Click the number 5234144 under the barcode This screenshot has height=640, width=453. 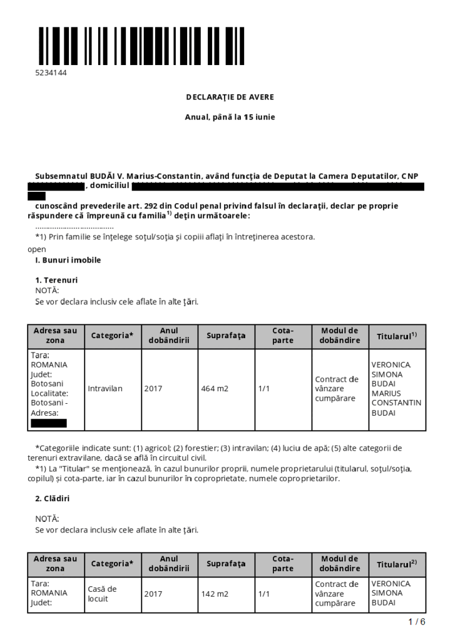pyautogui.click(x=51, y=72)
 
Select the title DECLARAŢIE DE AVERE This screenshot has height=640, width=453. pyautogui.click(x=230, y=97)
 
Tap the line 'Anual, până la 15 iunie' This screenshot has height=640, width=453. pyautogui.click(x=230, y=117)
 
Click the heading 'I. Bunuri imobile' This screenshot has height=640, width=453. pyautogui.click(x=68, y=259)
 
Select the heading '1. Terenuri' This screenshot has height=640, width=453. pyautogui.click(x=56, y=280)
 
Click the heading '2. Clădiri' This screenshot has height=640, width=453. pyautogui.click(x=53, y=498)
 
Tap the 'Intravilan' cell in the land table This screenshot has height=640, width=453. pyautogui.click(x=105, y=388)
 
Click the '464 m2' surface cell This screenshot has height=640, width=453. pyautogui.click(x=215, y=388)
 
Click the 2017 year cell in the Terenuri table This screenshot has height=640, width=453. pyautogui.click(x=153, y=388)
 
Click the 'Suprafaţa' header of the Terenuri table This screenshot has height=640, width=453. pyautogui.click(x=226, y=336)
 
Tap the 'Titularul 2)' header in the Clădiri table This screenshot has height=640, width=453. pyautogui.click(x=397, y=564)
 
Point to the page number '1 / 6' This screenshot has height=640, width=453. pyautogui.click(x=416, y=622)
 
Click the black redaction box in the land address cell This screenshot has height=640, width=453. pyautogui.click(x=48, y=423)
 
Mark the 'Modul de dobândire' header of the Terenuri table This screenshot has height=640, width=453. pyautogui.click(x=340, y=336)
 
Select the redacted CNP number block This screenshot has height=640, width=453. pyautogui.click(x=56, y=186)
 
